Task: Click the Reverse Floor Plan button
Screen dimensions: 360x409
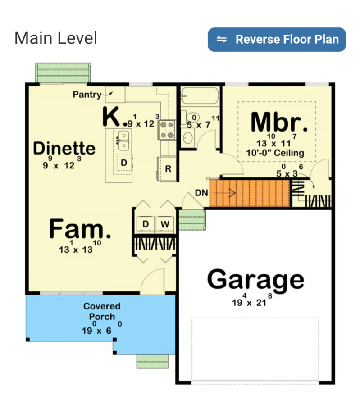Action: point(277,40)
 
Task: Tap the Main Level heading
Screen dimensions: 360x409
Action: point(56,38)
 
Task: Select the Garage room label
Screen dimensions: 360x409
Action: point(255,280)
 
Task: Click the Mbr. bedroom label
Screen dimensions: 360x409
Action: point(279,122)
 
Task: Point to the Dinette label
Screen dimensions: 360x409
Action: point(64,148)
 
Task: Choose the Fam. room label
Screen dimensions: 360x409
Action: point(80,229)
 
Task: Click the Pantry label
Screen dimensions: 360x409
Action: point(87,95)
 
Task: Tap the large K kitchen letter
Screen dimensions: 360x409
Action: point(111,116)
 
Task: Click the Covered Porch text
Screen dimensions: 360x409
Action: point(102,311)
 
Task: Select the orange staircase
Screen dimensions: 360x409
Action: point(250,193)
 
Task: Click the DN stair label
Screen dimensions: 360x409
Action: point(202,193)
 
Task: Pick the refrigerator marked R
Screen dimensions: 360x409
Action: point(168,169)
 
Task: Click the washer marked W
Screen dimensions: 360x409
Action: point(165,224)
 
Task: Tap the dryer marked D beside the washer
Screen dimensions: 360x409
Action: point(146,224)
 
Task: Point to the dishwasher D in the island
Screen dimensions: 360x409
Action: point(124,163)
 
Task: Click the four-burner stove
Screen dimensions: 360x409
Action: point(167,130)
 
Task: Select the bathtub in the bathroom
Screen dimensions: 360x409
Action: point(200,96)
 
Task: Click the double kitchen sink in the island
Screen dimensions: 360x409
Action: point(123,141)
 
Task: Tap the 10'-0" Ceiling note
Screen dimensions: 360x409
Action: point(275,153)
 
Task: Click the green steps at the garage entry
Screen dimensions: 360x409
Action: point(192,220)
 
